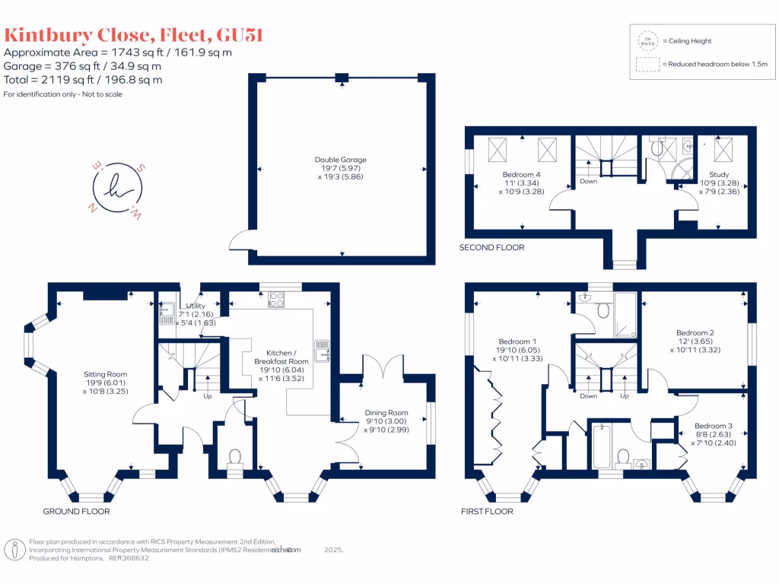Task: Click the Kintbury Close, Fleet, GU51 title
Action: (134, 35)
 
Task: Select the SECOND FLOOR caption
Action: (491, 248)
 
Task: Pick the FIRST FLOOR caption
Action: (487, 512)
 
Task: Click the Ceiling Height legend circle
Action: (647, 41)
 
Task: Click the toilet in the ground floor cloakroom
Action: (235, 456)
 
